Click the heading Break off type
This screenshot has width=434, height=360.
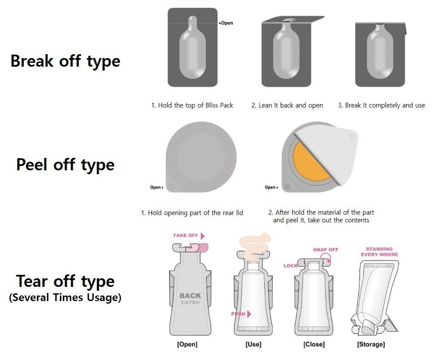pos(65,61)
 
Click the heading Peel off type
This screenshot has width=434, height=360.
pos(65,165)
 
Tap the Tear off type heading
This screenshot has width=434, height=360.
pos(65,281)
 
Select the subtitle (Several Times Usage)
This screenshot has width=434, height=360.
pos(65,298)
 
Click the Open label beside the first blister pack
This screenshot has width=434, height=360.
pos(226,23)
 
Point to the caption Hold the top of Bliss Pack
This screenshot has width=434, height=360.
pos(192,105)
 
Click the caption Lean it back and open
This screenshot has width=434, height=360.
pos(287,105)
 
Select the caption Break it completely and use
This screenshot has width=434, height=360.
pos(381,105)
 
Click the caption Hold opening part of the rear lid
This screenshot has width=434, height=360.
pos(192,213)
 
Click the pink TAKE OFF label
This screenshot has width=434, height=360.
pos(186,236)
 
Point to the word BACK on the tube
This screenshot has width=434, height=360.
pos(190,295)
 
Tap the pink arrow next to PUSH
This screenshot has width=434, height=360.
pos(249,314)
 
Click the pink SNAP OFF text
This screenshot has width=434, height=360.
pos(325,249)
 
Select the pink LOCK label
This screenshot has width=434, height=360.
pos(290,266)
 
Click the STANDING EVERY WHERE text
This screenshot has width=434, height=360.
pos(379,252)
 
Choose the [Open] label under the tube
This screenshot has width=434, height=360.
pos(187,345)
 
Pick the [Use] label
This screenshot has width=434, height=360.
pos(253,345)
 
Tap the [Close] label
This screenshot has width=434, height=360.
pos(314,345)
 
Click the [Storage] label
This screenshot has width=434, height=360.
pos(371,345)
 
